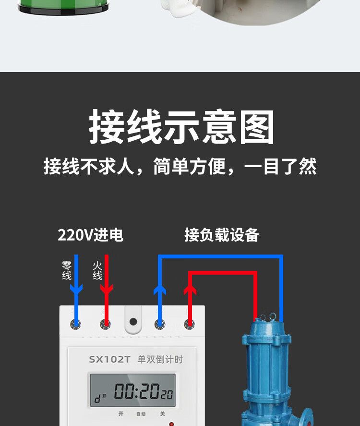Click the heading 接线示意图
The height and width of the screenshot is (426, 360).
point(181,127)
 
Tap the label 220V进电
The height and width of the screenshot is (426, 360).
point(90,235)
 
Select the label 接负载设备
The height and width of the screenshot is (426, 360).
point(222,235)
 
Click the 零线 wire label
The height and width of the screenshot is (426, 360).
point(67,270)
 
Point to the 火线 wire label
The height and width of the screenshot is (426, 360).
point(97,270)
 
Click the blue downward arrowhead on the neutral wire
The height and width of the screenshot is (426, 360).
point(76,288)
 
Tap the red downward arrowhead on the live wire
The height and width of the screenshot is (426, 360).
point(107,288)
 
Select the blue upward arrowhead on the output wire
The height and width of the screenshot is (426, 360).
point(160,289)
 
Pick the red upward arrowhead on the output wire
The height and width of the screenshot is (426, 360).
point(191,289)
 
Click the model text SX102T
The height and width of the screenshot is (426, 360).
point(109,359)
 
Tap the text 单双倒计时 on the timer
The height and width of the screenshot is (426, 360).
point(160,359)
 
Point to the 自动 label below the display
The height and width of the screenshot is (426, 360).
point(141,414)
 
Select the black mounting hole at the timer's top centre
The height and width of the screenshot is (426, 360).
point(133,322)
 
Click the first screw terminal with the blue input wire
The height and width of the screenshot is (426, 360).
point(76,325)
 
